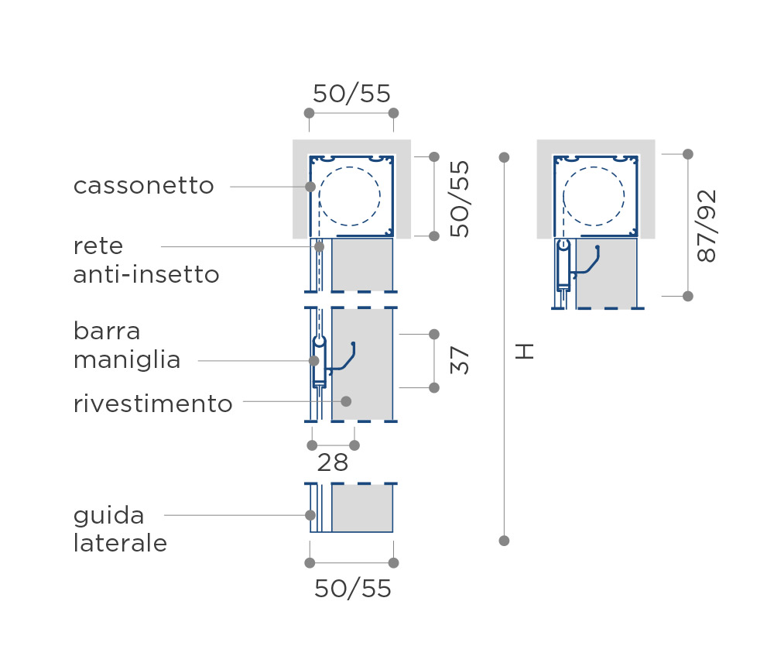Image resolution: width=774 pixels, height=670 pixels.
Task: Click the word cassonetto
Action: (144, 186)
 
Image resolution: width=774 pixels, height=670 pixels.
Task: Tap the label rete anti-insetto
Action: (146, 260)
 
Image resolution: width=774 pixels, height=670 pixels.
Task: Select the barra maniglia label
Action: (126, 345)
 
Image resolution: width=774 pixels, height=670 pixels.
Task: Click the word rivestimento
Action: (152, 404)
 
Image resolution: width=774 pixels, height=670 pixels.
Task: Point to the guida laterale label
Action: (120, 530)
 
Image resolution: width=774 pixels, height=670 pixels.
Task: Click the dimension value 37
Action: (460, 360)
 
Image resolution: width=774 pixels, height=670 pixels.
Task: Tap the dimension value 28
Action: (333, 463)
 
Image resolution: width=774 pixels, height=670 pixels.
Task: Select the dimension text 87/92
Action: (707, 226)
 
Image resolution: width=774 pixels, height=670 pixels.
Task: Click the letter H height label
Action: (524, 352)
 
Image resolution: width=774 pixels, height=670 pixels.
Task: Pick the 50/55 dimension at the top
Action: (351, 94)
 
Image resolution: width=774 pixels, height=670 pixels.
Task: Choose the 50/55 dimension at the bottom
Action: (352, 589)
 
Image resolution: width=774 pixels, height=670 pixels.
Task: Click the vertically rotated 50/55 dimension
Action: (460, 198)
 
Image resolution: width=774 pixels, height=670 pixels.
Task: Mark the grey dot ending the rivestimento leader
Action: (346, 401)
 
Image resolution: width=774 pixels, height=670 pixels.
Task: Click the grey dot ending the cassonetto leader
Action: (310, 186)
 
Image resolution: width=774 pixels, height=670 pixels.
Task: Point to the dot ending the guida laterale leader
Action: (310, 515)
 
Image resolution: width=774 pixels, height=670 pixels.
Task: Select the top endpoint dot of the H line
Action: (504, 157)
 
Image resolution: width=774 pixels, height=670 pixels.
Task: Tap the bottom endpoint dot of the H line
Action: (504, 541)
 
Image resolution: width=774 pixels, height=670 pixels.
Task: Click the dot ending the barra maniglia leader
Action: (314, 361)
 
